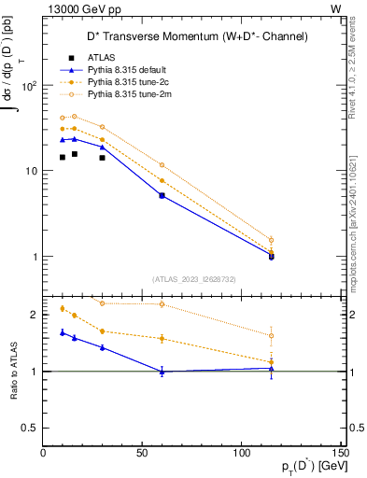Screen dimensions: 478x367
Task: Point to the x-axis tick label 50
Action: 142,454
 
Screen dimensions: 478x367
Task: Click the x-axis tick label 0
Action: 44,454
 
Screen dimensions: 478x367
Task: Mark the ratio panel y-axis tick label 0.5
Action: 31,428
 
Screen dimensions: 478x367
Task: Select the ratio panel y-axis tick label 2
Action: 35,315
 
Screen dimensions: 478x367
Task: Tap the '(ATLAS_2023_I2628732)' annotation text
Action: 194,278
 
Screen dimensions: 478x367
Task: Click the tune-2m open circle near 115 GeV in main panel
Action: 271,240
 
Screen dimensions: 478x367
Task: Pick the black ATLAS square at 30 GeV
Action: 103,157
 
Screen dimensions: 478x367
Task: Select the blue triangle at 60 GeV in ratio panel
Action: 162,371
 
